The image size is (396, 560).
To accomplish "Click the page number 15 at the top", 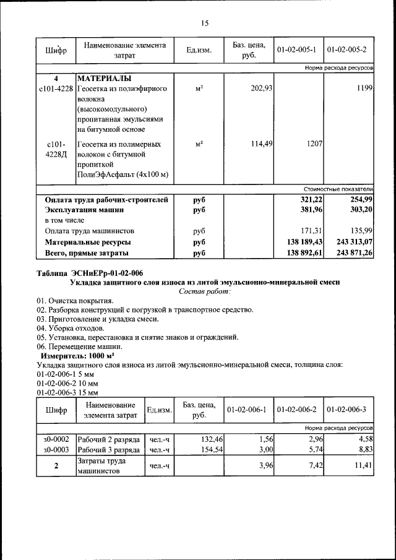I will click(204, 24).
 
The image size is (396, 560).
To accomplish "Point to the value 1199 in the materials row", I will click(364, 89).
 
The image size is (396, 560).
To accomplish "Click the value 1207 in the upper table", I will click(314, 144).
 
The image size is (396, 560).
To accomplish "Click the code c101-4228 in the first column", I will click(56, 89).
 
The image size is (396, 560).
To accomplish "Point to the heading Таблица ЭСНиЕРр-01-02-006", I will click(90, 273).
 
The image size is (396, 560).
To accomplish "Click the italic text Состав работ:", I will click(204, 291).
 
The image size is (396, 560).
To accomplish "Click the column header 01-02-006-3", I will click(346, 410).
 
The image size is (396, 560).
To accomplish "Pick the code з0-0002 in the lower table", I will click(56, 439).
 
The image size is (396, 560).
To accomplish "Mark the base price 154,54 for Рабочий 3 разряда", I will click(210, 449).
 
